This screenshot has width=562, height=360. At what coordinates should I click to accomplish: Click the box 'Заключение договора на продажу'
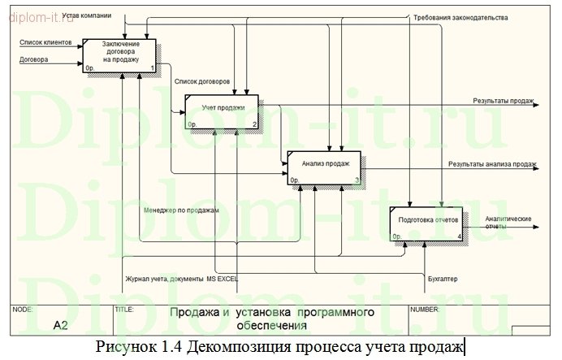[x=121, y=53]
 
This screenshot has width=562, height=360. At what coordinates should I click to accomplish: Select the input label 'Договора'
[x=35, y=59]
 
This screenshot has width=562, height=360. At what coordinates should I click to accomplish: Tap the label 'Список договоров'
[x=201, y=81]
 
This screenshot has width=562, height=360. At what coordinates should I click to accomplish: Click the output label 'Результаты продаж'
[x=504, y=102]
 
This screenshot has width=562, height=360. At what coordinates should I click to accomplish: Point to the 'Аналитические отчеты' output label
[x=508, y=223]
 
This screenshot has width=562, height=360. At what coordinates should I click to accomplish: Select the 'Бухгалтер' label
[x=442, y=280]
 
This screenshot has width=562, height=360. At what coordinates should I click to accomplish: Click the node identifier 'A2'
[x=61, y=326]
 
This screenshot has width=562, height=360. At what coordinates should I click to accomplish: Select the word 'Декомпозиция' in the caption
[x=233, y=348]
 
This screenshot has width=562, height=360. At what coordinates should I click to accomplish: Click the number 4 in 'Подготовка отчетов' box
[x=460, y=237]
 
